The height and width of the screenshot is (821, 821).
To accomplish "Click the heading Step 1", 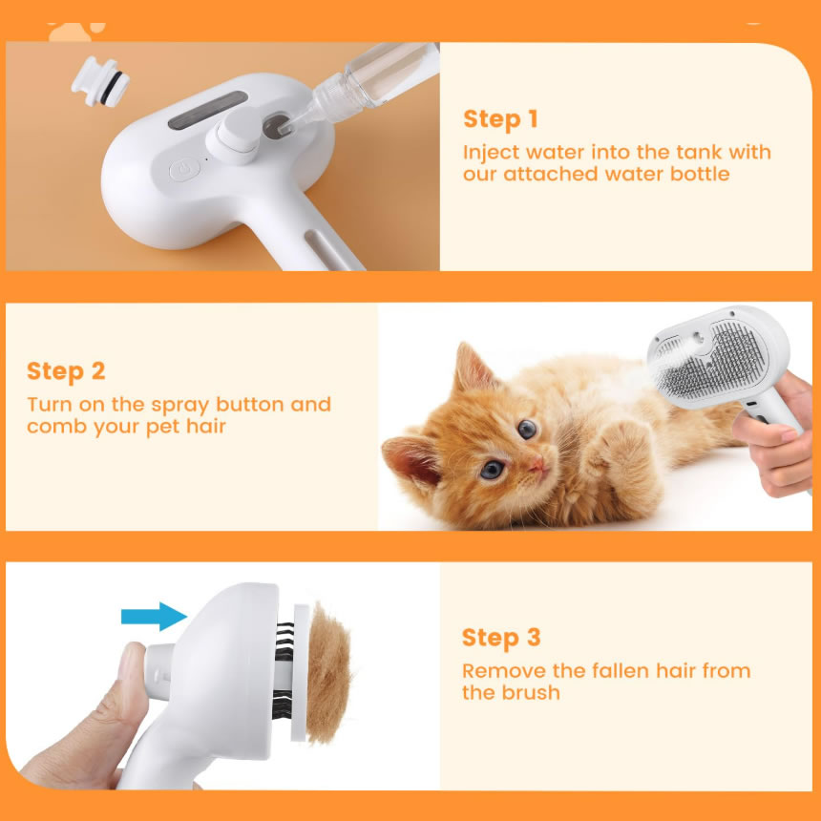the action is (x=500, y=119).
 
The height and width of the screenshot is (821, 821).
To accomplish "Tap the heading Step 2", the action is (x=66, y=371).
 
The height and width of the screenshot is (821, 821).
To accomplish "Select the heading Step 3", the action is (x=501, y=638).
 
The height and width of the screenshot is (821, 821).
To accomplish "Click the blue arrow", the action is (x=154, y=617).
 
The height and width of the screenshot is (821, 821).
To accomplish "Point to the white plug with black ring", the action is (x=100, y=81).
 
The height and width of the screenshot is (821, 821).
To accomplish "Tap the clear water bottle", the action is (x=369, y=84).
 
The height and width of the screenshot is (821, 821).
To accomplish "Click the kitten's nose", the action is (x=537, y=464).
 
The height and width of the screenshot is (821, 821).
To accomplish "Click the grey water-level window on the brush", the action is (x=208, y=111).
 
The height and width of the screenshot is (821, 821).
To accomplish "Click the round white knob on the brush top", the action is (x=234, y=137).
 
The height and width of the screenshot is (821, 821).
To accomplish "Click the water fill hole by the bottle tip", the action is (x=276, y=127).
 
